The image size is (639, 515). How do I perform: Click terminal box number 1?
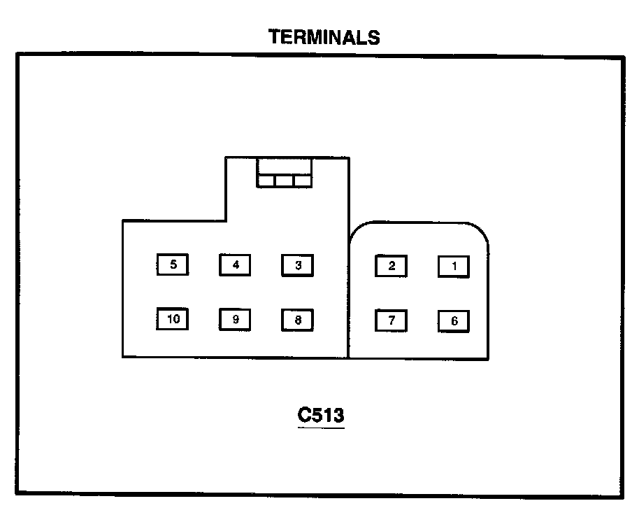(454, 267)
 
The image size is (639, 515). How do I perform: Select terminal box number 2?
(392, 266)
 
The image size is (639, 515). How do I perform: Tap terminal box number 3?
(298, 265)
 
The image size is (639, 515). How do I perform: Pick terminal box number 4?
(236, 265)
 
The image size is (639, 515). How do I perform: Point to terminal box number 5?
(173, 265)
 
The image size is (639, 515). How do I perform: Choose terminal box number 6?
(454, 321)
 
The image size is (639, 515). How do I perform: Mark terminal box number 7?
(392, 320)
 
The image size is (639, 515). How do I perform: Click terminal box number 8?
(298, 320)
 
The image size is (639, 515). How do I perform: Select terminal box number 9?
(236, 320)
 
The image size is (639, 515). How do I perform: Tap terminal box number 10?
(173, 319)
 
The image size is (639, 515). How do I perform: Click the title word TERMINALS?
(324, 38)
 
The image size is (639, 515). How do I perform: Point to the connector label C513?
(321, 415)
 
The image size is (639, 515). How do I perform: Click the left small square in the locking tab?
(266, 181)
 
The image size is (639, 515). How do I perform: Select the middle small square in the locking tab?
(284, 181)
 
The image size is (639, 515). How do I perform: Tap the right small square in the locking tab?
(302, 181)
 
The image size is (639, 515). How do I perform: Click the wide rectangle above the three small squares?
(284, 167)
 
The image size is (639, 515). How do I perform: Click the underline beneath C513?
(321, 427)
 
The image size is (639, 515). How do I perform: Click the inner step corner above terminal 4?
(226, 221)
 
